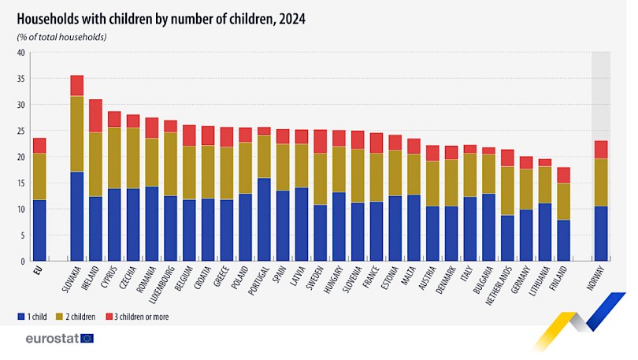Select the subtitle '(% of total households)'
tap(61, 37)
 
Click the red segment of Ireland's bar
tap(95, 116)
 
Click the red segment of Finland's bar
tap(564, 175)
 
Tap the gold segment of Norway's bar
tap(601, 182)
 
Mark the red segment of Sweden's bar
tap(320, 141)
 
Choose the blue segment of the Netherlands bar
tap(508, 237)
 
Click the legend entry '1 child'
tap(32, 317)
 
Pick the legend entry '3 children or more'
tap(137, 317)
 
